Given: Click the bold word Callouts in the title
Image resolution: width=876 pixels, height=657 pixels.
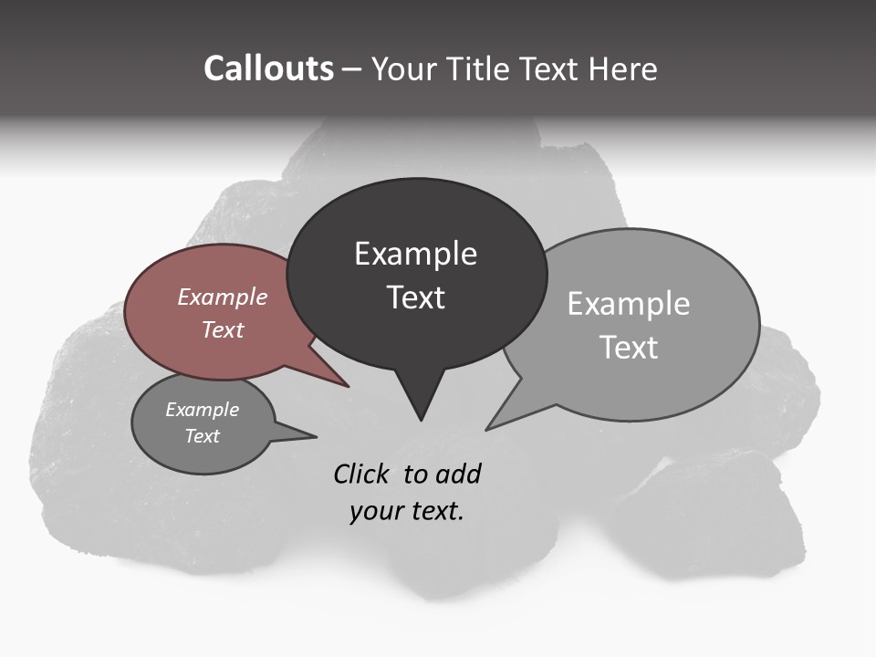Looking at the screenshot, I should pyautogui.click(x=268, y=68).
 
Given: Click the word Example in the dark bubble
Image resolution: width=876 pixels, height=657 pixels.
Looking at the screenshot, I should pyautogui.click(x=415, y=254).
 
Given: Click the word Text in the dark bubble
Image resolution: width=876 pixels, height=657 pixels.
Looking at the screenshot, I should pyautogui.click(x=415, y=297).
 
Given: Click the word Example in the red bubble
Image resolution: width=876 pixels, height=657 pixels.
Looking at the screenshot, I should pyautogui.click(x=223, y=297).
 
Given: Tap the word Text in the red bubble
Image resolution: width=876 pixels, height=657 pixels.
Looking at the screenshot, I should pyautogui.click(x=223, y=329).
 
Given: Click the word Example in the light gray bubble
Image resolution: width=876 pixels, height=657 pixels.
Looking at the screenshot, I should pyautogui.click(x=629, y=304).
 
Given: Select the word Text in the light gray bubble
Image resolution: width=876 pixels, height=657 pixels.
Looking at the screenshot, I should pyautogui.click(x=629, y=347).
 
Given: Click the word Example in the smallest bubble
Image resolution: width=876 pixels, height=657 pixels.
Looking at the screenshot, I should pyautogui.click(x=202, y=410).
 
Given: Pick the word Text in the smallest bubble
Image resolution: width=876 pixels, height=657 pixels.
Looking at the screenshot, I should pyautogui.click(x=202, y=436).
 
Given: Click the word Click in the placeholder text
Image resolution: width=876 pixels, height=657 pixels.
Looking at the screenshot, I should pyautogui.click(x=364, y=474).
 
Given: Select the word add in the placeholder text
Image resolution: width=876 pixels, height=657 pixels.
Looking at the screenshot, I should pyautogui.click(x=458, y=474).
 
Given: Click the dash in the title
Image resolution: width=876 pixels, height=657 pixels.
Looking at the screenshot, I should pyautogui.click(x=352, y=69).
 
